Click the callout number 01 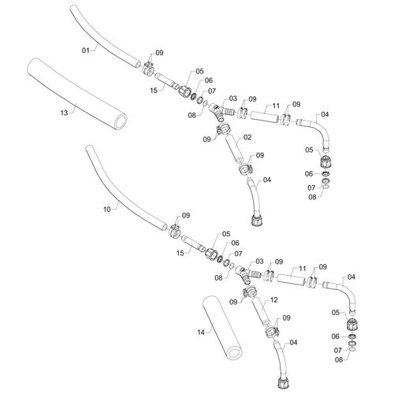click(86, 50)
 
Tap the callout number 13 click(64, 113)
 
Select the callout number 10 click(107, 210)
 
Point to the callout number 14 click(201, 333)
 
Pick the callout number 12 click(273, 299)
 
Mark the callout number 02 click(247, 137)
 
